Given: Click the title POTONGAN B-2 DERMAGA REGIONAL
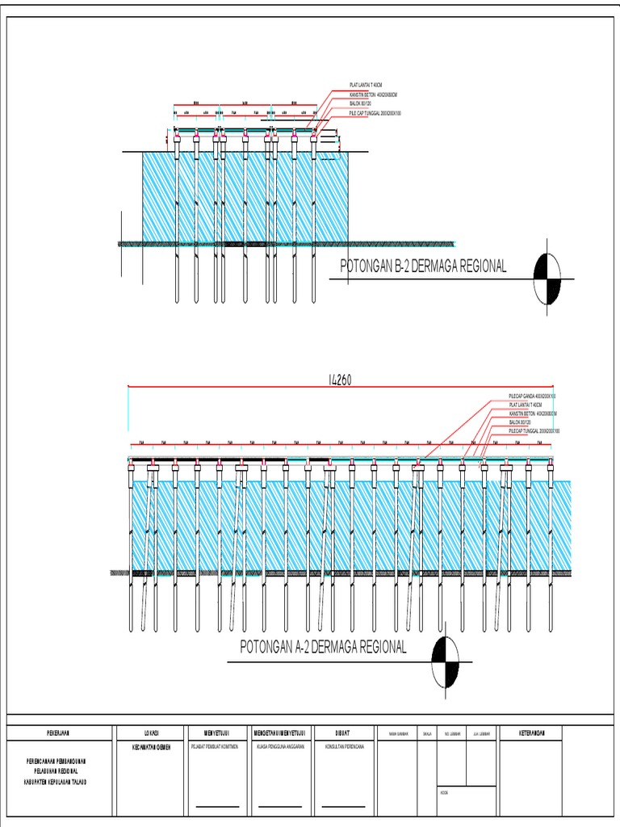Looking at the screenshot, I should [424, 267].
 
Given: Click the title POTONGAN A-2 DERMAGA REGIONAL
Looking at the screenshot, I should [323, 647].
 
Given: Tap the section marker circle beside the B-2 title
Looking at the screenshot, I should [547, 279].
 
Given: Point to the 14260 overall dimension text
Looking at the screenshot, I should [341, 380].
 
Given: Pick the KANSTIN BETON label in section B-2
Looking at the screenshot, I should [373, 95].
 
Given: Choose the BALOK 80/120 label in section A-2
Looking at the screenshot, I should [519, 422].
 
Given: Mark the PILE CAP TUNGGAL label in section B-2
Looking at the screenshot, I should [375, 113].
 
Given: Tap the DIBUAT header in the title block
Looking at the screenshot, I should [343, 733].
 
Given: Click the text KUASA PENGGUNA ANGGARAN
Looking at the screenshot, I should [279, 748].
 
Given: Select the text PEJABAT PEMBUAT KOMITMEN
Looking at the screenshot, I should [215, 748].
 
